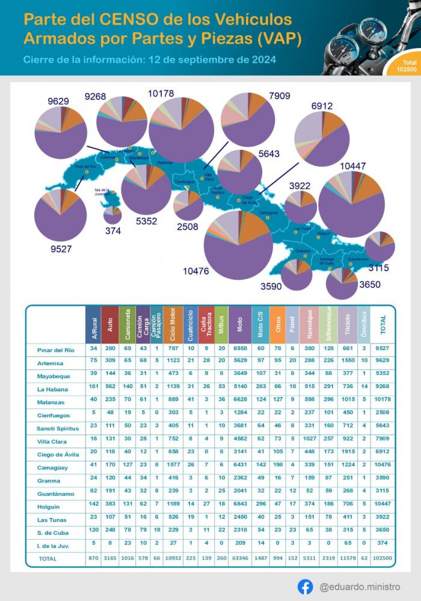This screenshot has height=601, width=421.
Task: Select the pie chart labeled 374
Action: coord(112,214)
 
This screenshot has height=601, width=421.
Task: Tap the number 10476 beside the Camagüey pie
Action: coord(196,271)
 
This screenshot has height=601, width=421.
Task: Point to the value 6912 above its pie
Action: coord(322,106)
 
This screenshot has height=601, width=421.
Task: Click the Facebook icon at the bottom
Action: coord(305,586)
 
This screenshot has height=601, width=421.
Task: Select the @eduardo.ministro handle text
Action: coord(359,587)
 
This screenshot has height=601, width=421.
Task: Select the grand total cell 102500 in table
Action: coord(383,558)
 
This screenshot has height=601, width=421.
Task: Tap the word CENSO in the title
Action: coord(124,20)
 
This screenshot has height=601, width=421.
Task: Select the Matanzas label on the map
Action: coord(164,162)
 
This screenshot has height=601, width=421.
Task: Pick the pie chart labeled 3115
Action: coord(380,246)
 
